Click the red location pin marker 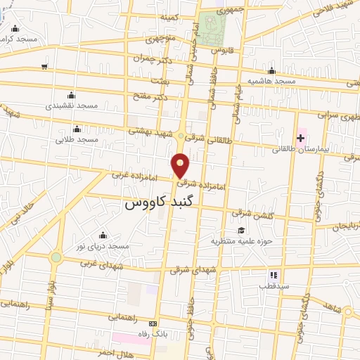181,165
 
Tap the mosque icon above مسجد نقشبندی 70,95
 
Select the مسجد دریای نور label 104,246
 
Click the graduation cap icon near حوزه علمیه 242,230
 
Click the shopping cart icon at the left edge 44,67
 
